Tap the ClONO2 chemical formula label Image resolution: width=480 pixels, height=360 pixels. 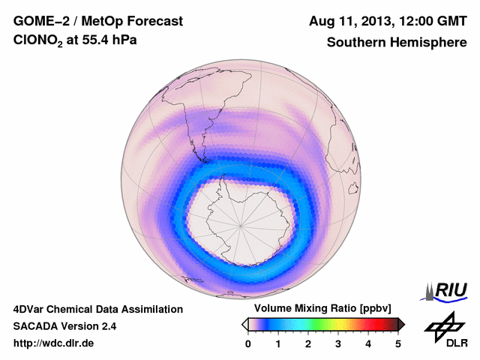40,43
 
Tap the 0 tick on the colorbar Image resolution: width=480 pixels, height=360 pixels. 248,344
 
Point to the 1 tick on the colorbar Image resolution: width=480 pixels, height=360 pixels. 278,344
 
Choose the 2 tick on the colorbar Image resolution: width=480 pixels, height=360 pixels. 308,344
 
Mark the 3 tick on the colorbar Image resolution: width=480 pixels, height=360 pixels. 338,344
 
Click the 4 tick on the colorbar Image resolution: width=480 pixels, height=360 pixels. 368,344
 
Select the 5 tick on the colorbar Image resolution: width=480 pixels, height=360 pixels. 398,344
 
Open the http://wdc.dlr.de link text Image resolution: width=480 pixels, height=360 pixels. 54,343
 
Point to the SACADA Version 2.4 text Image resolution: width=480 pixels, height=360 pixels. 64,326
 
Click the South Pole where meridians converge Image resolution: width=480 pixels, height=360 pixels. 241,225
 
